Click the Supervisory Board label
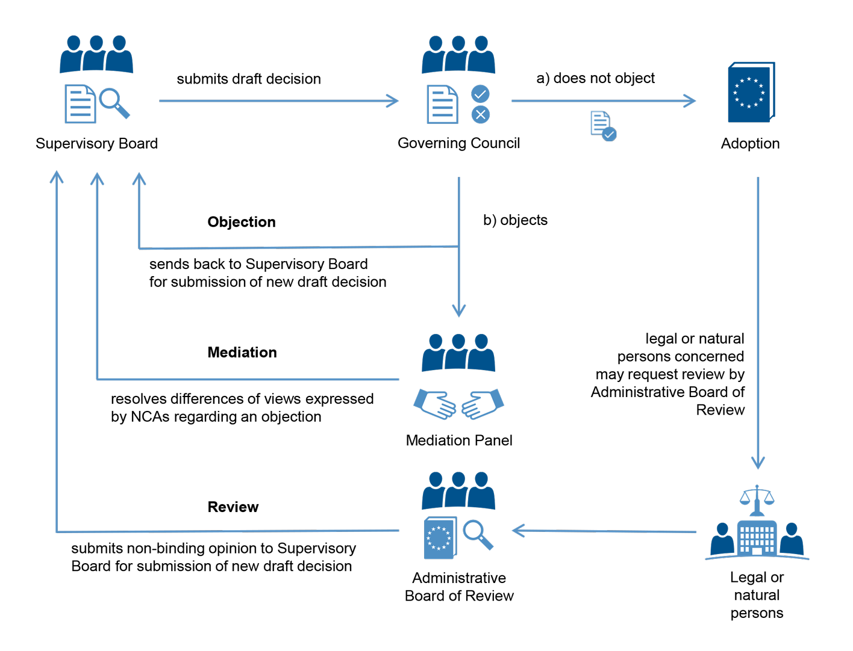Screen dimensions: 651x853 click(96, 144)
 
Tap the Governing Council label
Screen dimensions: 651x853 click(458, 143)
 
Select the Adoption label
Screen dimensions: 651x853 click(750, 144)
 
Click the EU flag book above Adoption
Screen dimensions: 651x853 click(751, 93)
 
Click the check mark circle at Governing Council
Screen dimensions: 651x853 click(480, 94)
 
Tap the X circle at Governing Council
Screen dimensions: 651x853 click(480, 114)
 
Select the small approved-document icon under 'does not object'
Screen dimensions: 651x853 click(603, 126)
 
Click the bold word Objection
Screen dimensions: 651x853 click(242, 222)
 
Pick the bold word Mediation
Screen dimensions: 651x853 click(242, 353)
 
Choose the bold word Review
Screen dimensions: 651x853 click(233, 507)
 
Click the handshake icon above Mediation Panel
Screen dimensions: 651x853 click(458, 404)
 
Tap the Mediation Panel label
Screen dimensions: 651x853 click(459, 440)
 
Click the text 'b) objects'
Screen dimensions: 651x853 click(515, 220)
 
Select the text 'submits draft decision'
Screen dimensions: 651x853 click(249, 79)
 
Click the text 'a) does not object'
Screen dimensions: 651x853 click(595, 78)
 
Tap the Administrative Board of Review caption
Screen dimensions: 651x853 click(459, 587)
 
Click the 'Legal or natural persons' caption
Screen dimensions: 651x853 click(757, 595)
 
